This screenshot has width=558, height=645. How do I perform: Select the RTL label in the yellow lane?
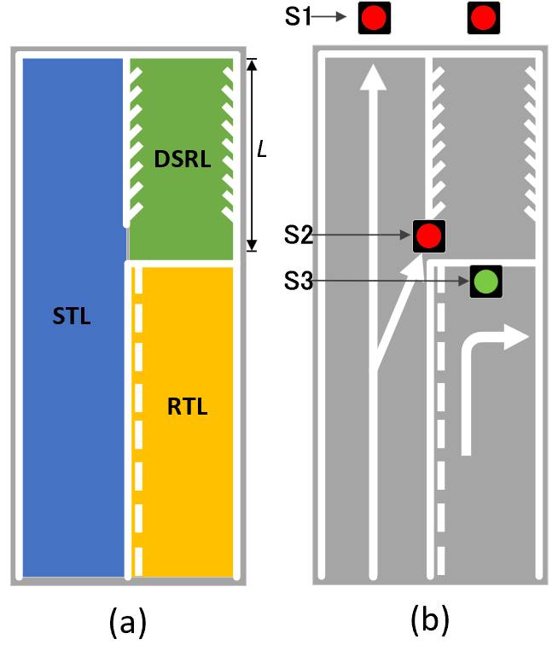(x=188, y=406)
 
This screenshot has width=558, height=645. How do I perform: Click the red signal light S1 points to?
(x=374, y=18)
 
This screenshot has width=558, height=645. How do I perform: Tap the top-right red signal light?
(x=484, y=18)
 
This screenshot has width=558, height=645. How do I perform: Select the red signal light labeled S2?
(x=429, y=235)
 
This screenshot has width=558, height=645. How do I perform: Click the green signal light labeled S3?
(x=485, y=282)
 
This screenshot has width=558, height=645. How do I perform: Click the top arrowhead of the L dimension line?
(x=252, y=64)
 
